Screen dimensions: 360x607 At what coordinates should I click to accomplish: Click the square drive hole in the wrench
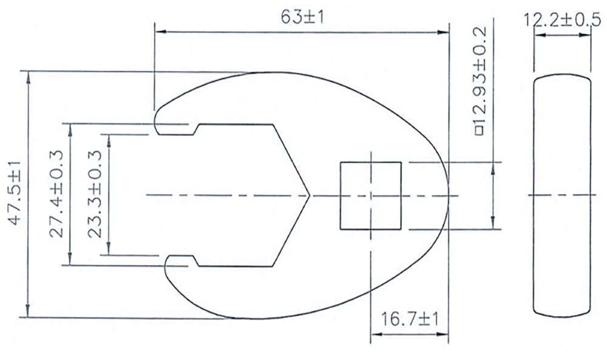(370, 195)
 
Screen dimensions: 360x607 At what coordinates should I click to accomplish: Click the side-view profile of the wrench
(563, 195)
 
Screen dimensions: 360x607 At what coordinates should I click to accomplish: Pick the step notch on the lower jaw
(195, 261)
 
